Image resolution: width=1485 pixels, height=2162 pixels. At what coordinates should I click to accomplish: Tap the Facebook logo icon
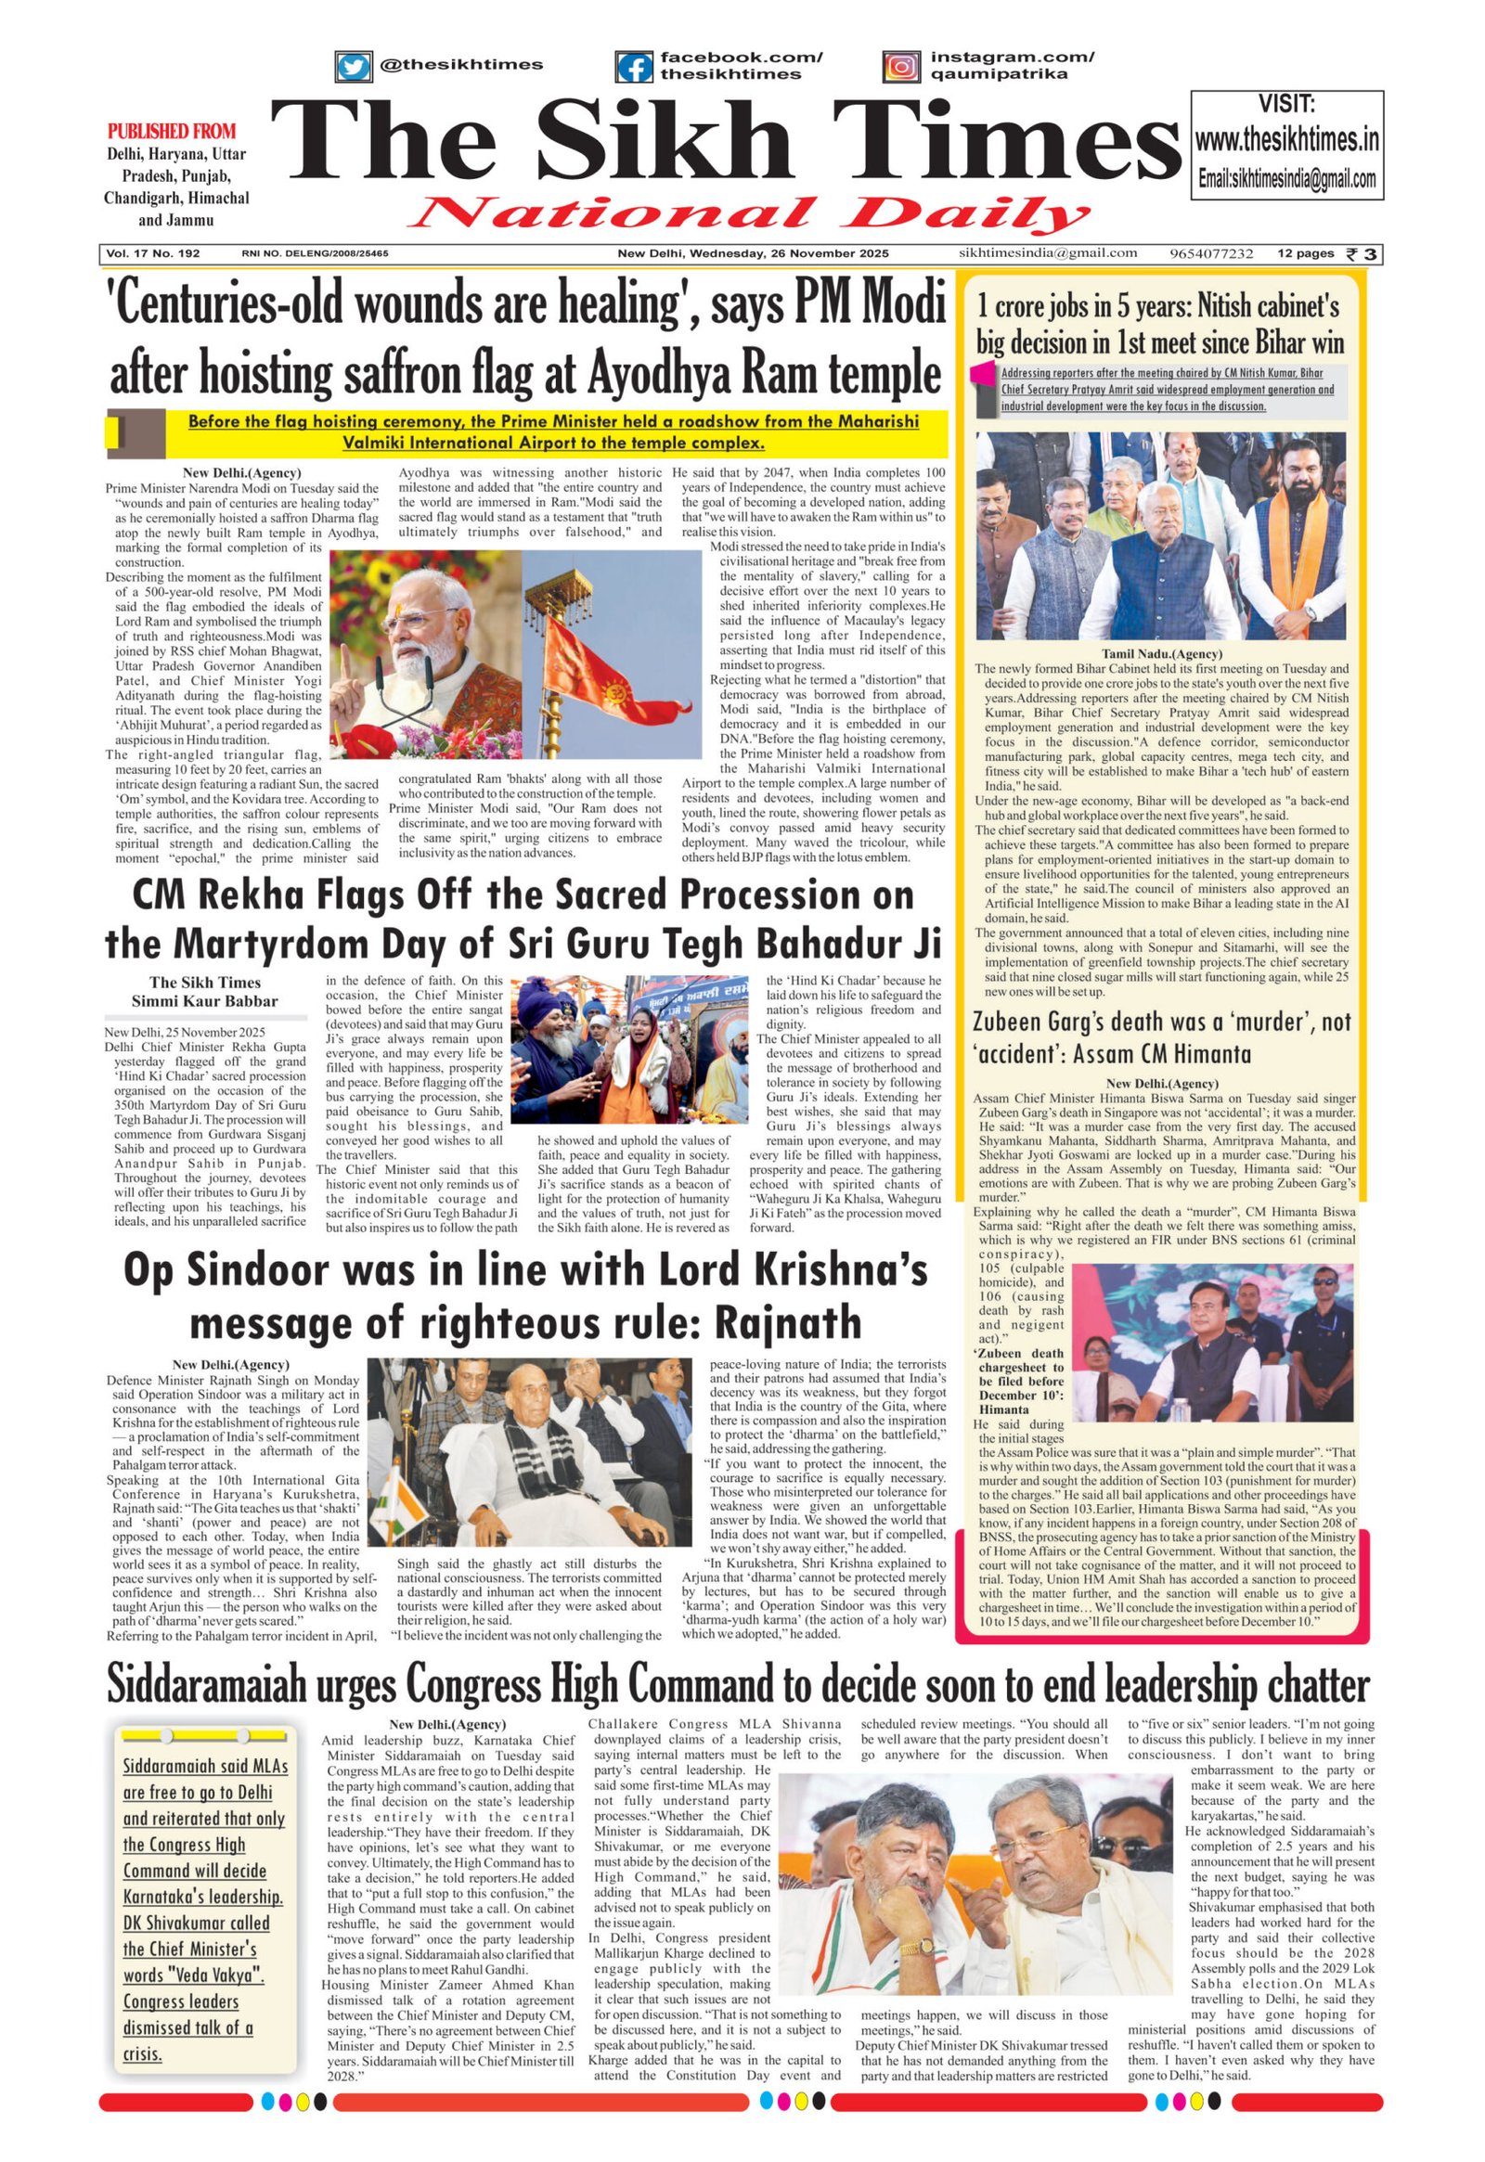coord(634,68)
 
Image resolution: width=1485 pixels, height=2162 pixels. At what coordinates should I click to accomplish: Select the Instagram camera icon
coord(900,67)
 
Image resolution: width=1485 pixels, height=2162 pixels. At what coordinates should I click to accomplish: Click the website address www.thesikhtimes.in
coord(1286,140)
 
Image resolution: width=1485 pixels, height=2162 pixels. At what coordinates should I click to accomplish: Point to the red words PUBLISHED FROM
coord(172,131)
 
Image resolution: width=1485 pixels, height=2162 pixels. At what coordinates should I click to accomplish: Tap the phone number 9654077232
coord(1211,253)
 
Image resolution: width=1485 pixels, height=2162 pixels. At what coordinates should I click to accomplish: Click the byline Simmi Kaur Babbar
coord(205,1001)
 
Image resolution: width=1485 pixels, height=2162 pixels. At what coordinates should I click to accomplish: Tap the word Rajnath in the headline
coord(781,1322)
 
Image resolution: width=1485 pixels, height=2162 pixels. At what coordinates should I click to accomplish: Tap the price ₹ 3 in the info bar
coord(1365,253)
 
